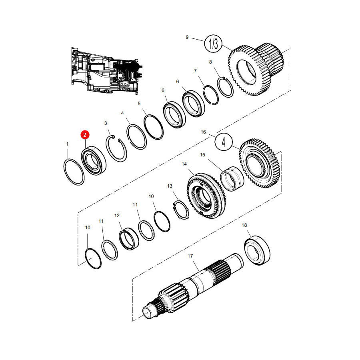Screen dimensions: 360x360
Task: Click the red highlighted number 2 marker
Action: coord(85,135)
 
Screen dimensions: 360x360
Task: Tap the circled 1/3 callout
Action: coord(213,44)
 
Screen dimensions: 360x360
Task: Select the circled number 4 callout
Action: coord(224,142)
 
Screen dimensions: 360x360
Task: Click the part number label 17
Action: coord(190,256)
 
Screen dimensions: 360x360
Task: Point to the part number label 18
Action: coord(244,225)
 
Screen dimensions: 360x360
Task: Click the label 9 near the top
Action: coord(187,37)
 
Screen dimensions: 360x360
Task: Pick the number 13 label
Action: coord(170,186)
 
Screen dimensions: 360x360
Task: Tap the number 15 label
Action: coord(202,155)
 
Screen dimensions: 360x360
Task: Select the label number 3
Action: coord(106,123)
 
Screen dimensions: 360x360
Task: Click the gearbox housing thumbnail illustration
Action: coord(107,70)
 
